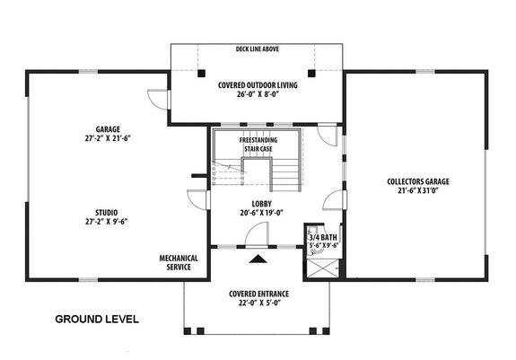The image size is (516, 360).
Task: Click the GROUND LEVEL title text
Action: pyautogui.click(x=97, y=319)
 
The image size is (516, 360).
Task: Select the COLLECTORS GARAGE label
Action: pyautogui.click(x=418, y=181)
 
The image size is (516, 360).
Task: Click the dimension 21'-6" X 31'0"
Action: pyautogui.click(x=418, y=192)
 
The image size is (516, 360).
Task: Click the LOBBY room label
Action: pyautogui.click(x=261, y=203)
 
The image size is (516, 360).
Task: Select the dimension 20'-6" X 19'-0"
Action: pyautogui.click(x=261, y=213)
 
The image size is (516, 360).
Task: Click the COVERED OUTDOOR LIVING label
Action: pyautogui.click(x=258, y=85)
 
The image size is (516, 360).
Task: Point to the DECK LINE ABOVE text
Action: pyautogui.click(x=258, y=50)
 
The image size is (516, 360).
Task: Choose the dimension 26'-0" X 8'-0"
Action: pyautogui.click(x=258, y=95)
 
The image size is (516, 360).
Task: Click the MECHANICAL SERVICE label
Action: pyautogui.click(x=179, y=262)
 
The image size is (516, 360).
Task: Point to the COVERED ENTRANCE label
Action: pyautogui.click(x=258, y=294)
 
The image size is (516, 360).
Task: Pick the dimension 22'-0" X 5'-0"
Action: pyautogui.click(x=258, y=303)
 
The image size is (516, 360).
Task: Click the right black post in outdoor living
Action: pyautogui.click(x=312, y=72)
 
